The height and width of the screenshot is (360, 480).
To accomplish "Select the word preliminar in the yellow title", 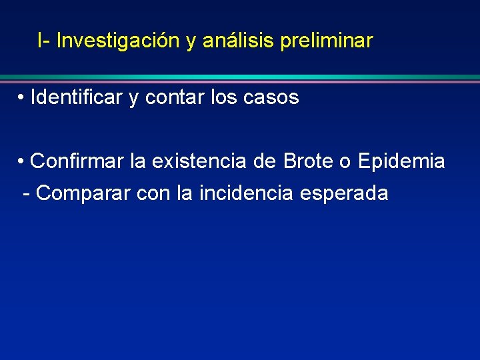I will [327, 41].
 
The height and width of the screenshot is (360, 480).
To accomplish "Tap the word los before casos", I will [223, 98].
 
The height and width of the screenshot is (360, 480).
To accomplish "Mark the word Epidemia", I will [401, 161].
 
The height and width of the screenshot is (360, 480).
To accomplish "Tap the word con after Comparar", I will [154, 193].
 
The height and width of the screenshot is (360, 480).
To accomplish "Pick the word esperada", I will [344, 193].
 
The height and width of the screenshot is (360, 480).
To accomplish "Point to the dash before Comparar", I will [27, 194].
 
